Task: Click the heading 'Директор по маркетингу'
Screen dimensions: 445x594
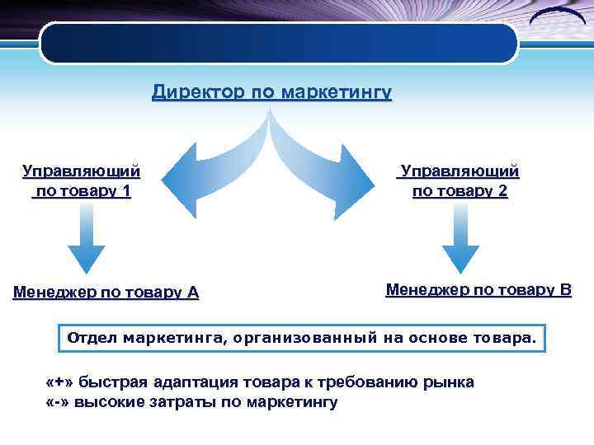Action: [271, 91]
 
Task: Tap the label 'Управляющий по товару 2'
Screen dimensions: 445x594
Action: [460, 181]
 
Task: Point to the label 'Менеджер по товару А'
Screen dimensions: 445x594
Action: [106, 292]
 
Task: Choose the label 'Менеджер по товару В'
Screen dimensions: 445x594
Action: [478, 289]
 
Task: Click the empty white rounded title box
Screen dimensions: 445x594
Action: [279, 43]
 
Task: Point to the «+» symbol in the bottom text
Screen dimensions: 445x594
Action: [60, 383]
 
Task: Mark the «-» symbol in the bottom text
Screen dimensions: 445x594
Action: [59, 402]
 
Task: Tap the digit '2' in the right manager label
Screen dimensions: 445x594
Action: [503, 191]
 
